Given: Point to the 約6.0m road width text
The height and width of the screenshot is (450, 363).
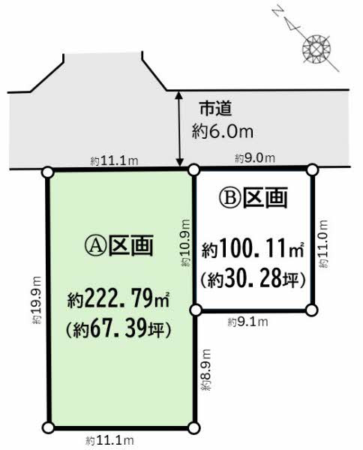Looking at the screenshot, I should [x=223, y=132].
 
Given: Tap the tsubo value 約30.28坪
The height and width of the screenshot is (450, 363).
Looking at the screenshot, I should [x=253, y=280].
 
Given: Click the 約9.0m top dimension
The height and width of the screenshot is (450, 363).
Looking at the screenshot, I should [x=254, y=157].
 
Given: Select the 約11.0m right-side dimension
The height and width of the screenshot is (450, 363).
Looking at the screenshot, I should [x=323, y=239].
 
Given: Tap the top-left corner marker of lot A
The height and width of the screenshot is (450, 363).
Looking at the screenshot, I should [x=49, y=171].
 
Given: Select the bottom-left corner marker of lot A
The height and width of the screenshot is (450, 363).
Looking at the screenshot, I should [x=49, y=427].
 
